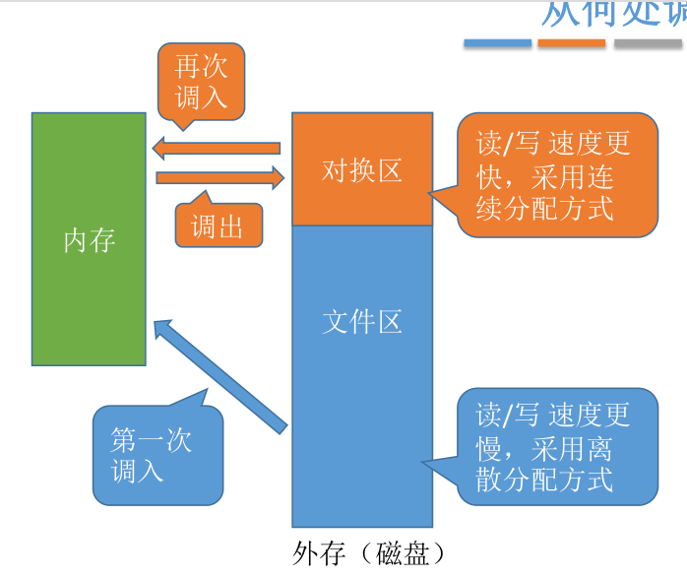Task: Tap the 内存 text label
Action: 90,239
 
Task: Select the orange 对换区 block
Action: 362,169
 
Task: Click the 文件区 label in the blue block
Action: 362,322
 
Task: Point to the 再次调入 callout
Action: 201,82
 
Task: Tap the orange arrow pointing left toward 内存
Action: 217,149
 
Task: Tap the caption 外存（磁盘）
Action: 362,553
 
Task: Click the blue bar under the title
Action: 497,43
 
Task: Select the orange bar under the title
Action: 572,43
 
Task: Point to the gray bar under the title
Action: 648,43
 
